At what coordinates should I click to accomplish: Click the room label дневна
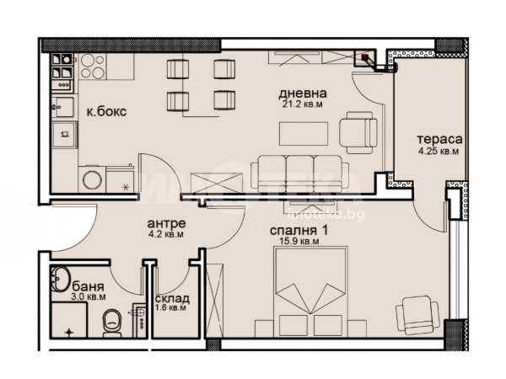303,93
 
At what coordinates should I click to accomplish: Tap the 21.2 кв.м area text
303,104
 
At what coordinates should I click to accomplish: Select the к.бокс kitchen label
106,112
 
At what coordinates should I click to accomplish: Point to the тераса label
439,140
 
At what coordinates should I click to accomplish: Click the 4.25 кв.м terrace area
439,151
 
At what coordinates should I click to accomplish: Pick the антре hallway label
166,223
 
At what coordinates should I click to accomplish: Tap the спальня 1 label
299,231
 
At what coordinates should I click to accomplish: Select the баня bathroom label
88,286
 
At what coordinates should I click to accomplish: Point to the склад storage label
172,299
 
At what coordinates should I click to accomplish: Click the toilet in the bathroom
112,323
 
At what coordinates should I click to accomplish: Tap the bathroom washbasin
60,279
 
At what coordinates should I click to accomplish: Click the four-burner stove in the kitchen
93,66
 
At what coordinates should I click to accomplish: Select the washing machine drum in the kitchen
92,180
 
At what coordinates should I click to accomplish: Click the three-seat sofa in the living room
299,173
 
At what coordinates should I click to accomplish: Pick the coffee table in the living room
304,133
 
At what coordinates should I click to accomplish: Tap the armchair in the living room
358,132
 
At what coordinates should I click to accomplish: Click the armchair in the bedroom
417,314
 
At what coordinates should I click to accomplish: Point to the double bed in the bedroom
310,292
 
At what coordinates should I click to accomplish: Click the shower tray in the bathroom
69,320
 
